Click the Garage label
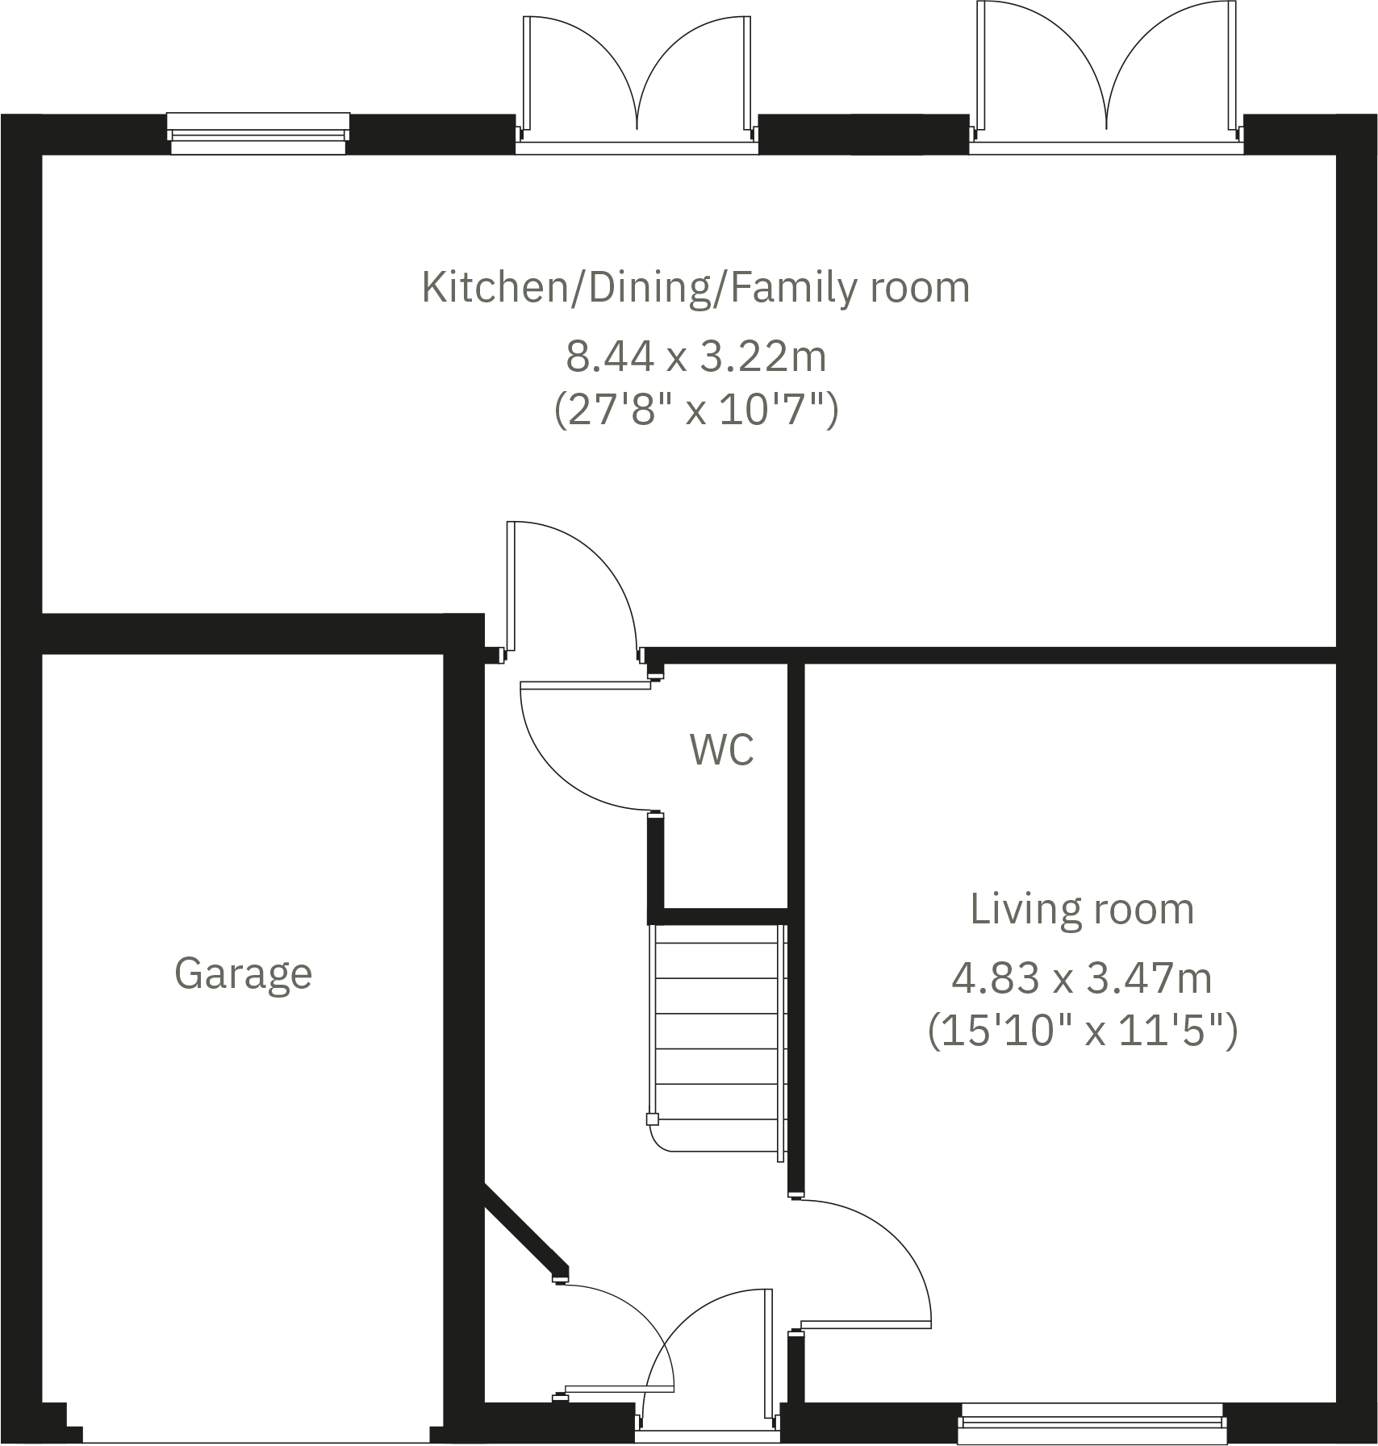coord(243,973)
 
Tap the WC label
coord(721,749)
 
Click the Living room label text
coord(1081,909)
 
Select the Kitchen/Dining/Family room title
coord(695,288)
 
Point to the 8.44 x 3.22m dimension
coord(695,356)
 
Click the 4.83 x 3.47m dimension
coord(1081,978)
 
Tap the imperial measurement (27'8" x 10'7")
coord(695,410)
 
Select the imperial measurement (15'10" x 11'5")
coord(1081,1031)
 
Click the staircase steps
coord(718,1032)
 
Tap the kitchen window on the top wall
coord(258,133)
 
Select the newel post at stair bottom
coord(652,1119)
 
